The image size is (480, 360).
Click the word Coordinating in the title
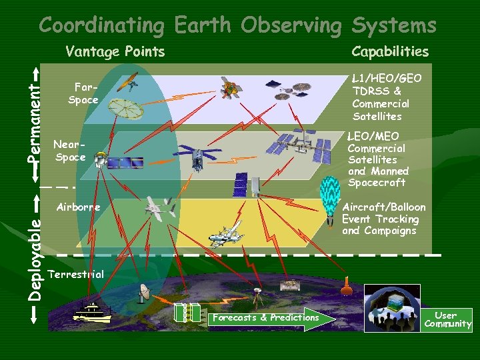[x=101, y=25]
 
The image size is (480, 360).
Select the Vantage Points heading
[x=115, y=51]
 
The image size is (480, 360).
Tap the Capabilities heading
[x=390, y=51]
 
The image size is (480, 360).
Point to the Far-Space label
[x=83, y=93]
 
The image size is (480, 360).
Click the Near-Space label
[x=70, y=150]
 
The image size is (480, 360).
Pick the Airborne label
[x=78, y=207]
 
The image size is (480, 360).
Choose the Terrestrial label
[x=76, y=274]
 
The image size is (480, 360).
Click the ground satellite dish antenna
[x=145, y=293]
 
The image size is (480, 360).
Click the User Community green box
[x=447, y=320]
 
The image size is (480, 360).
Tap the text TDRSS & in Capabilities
[x=377, y=91]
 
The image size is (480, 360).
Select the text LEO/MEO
[x=373, y=137]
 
